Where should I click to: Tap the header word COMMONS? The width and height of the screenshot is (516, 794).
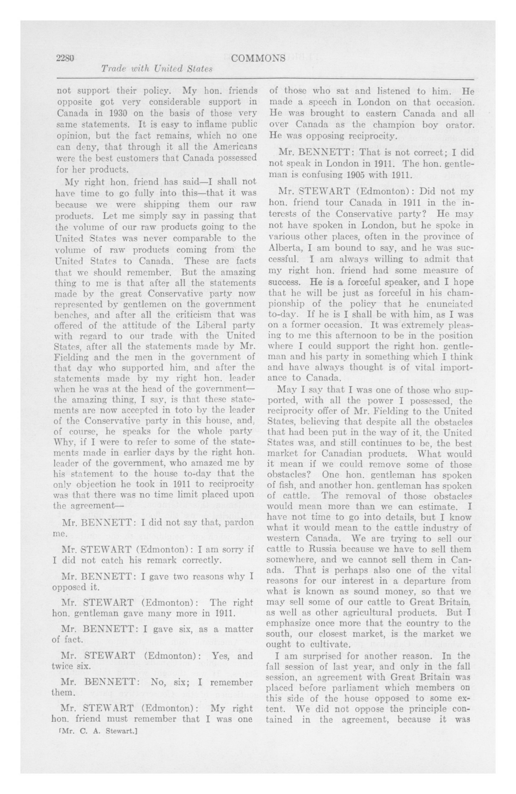258,58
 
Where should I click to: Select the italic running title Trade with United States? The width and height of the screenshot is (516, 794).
157,69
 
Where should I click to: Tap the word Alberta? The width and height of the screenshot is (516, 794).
283,248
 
